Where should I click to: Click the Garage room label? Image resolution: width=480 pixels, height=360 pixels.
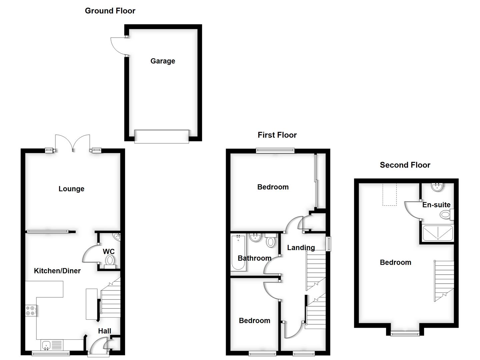[163, 61]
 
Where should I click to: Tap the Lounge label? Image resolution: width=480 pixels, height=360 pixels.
[71, 189]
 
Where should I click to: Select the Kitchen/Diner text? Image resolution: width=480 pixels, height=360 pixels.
[57, 271]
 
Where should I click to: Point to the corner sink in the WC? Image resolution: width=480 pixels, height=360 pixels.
[117, 237]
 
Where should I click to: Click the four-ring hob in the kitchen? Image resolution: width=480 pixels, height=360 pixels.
[30, 311]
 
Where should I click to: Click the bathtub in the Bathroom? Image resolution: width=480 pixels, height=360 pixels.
[238, 252]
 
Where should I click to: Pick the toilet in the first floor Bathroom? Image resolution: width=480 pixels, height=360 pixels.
[270, 241]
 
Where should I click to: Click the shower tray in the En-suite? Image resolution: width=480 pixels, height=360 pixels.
[437, 233]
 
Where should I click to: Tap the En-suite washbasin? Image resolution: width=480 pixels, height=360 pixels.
[436, 187]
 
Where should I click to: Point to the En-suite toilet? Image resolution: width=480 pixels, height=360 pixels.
[446, 214]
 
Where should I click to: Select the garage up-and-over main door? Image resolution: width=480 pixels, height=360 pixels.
[162, 136]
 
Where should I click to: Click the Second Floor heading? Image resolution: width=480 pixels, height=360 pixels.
[405, 165]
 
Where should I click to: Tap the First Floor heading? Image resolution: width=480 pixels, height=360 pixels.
[277, 135]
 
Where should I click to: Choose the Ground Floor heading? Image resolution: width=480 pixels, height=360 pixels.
[110, 11]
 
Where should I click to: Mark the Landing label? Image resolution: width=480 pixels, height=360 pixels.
[301, 248]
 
